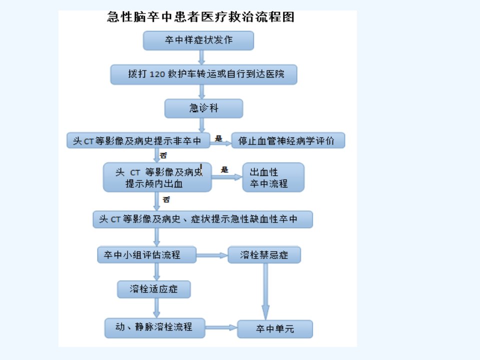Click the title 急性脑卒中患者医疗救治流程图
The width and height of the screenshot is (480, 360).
[x=201, y=17]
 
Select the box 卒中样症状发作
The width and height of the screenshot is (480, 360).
[x=198, y=40]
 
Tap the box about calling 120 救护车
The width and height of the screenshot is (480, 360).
[x=203, y=74]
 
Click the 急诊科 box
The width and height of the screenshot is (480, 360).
[x=203, y=108]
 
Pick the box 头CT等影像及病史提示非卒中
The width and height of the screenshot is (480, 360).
[x=138, y=140]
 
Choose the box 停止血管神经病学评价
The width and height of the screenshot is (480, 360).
[x=288, y=140]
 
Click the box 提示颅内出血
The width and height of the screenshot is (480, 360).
[x=157, y=177]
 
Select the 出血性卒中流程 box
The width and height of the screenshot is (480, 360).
[x=273, y=177]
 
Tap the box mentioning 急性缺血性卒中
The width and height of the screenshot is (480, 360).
[x=202, y=219]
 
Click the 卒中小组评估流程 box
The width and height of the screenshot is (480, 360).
[x=147, y=255]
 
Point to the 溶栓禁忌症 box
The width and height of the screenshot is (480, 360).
[x=264, y=255]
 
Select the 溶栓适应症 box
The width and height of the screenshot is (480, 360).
[x=154, y=289]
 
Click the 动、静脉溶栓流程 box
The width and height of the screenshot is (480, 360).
[x=155, y=328]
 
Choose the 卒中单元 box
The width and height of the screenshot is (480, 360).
[x=275, y=329]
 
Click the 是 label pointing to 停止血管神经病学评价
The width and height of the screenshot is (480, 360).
[x=218, y=138]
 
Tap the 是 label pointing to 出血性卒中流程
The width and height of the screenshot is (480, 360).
[x=224, y=170]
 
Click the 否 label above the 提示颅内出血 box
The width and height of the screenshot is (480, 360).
[x=163, y=155]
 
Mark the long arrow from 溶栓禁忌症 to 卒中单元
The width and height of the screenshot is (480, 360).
[x=265, y=291]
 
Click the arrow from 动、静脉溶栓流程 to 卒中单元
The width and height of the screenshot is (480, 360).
[x=221, y=327]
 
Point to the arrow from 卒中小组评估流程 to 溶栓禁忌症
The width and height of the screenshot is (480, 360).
[x=212, y=255]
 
